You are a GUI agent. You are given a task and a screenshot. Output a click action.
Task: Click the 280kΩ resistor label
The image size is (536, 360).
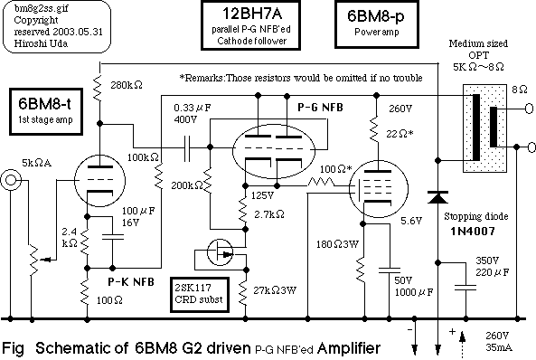125,86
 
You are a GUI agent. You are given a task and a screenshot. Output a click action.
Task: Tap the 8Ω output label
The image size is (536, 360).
516,90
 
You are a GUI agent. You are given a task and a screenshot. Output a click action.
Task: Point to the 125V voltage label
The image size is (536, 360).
261,194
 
